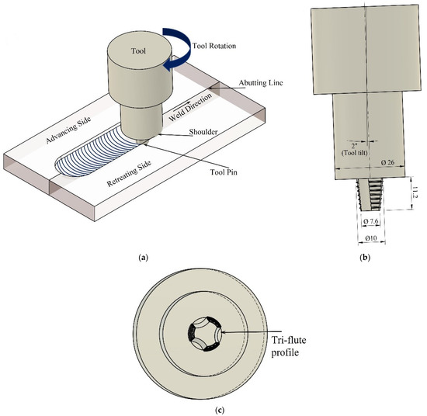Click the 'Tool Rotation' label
pyautogui.click(x=214, y=46)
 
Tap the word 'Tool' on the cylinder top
pyautogui.click(x=138, y=51)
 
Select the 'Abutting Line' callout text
pyautogui.click(x=261, y=83)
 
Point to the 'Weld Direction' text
pyautogui.click(x=190, y=107)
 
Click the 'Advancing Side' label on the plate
pyautogui.click(x=68, y=130)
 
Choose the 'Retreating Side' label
pyautogui.click(x=129, y=173)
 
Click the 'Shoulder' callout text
pyautogui.click(x=203, y=132)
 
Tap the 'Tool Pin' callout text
pyautogui.click(x=224, y=172)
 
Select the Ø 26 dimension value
pyautogui.click(x=387, y=162)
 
